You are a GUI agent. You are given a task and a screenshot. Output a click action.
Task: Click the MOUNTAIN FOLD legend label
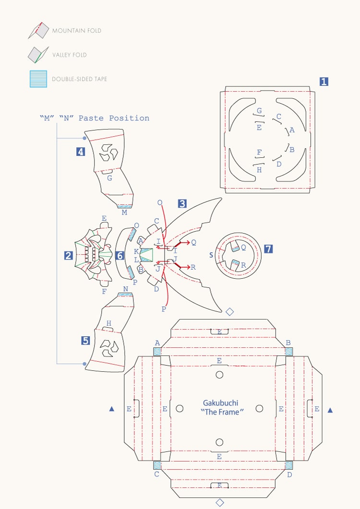(x=76, y=31)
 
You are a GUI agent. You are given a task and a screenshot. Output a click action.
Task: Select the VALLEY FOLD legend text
(x=69, y=55)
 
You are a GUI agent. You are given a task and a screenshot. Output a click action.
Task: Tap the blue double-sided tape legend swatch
(x=38, y=79)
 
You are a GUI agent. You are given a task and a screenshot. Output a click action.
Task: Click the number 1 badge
(x=324, y=82)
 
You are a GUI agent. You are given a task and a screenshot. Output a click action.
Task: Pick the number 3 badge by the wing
(x=182, y=203)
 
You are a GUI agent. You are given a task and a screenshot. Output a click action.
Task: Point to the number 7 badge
(x=268, y=249)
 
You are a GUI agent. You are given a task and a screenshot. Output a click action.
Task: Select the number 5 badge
(x=85, y=341)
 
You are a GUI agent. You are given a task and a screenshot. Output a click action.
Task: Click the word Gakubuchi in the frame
(x=220, y=403)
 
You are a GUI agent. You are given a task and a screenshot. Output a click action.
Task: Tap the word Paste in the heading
(x=92, y=118)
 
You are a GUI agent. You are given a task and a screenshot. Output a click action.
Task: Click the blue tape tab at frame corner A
(x=157, y=351)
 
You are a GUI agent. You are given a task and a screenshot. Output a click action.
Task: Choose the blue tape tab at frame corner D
(x=289, y=465)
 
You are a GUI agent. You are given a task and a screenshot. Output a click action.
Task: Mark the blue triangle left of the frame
(x=112, y=409)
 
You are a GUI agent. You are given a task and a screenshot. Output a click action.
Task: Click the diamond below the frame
(x=220, y=503)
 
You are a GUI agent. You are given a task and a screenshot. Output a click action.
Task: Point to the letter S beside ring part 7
(x=211, y=255)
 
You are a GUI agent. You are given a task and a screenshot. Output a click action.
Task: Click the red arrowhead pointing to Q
(x=188, y=242)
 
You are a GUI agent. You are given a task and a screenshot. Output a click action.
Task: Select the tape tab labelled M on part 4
(x=124, y=206)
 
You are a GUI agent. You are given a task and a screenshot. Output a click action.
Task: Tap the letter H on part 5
(x=109, y=323)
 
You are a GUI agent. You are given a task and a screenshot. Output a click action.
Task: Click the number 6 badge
(x=120, y=256)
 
